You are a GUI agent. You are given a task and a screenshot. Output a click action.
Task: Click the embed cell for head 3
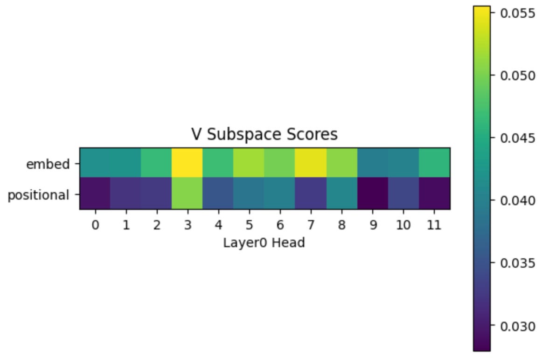[x=187, y=163]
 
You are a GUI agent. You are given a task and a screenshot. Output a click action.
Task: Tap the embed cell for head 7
[x=311, y=163]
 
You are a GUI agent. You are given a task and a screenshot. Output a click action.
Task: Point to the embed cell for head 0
[x=95, y=163]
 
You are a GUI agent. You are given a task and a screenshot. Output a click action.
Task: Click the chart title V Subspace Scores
[x=264, y=135]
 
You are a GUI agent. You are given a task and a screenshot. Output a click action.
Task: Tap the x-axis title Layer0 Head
[x=264, y=242]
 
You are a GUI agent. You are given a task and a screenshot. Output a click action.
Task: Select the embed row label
[x=48, y=164]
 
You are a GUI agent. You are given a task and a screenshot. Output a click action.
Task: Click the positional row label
[x=38, y=195]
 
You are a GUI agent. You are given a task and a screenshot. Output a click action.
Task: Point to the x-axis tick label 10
[x=404, y=225]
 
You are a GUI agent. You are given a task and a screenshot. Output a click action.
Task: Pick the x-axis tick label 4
[x=218, y=225]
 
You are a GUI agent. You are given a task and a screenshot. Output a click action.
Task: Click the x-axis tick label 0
[x=95, y=225]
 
